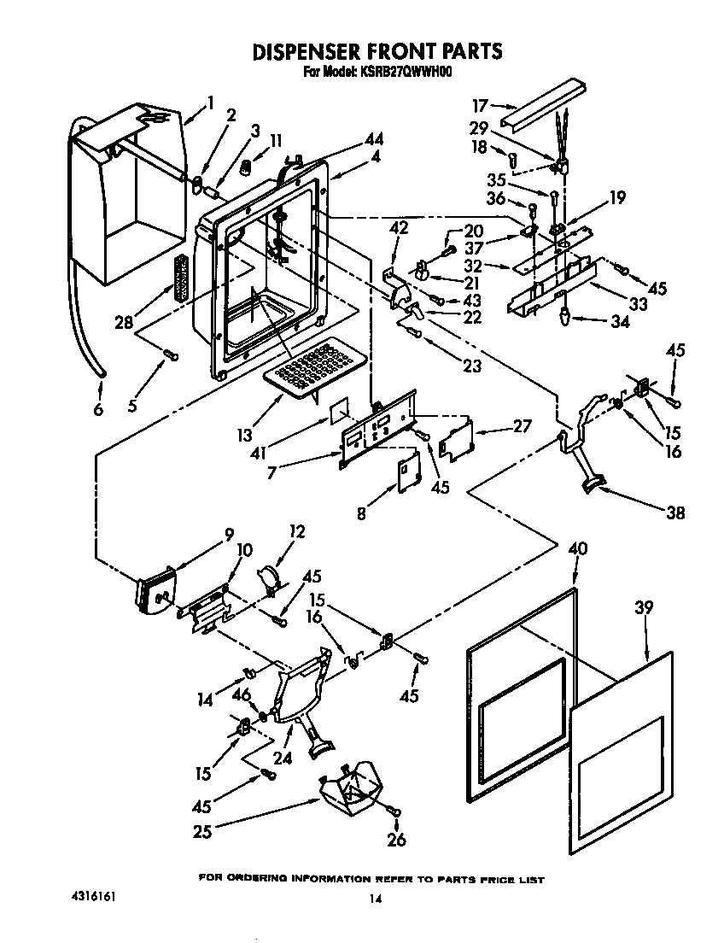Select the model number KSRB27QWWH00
click(402, 73)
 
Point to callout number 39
click(644, 608)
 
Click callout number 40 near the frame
click(578, 550)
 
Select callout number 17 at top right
click(480, 106)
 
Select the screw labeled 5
click(172, 354)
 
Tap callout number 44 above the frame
click(373, 139)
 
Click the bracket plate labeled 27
click(456, 440)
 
